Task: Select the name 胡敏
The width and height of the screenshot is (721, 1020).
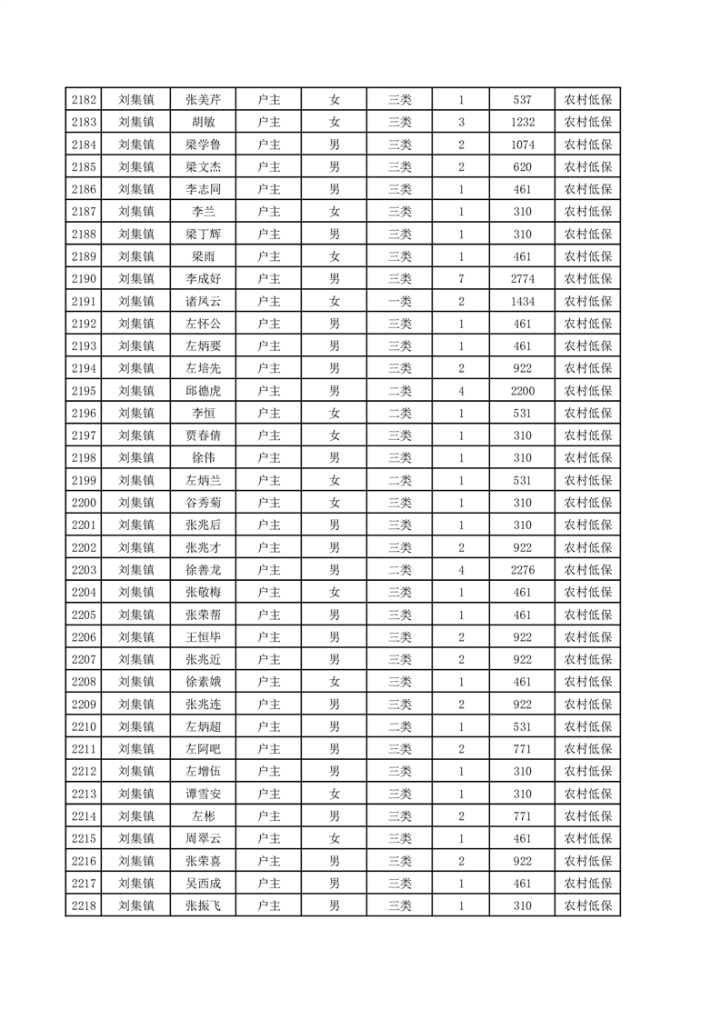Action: pos(204,123)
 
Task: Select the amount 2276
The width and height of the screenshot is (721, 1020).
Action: pos(522,569)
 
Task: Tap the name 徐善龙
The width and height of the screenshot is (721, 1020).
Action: pos(204,569)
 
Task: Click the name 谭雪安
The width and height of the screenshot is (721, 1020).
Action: pos(204,793)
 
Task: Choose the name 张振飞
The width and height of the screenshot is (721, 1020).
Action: pos(204,905)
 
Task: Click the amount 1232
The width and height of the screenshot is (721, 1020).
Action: pos(522,123)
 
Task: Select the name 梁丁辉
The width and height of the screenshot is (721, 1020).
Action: pos(204,234)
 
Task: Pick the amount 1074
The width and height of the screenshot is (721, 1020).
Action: pos(522,145)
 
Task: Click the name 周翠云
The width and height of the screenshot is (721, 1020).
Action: pos(204,837)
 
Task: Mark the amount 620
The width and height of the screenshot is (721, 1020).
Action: pos(522,167)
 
